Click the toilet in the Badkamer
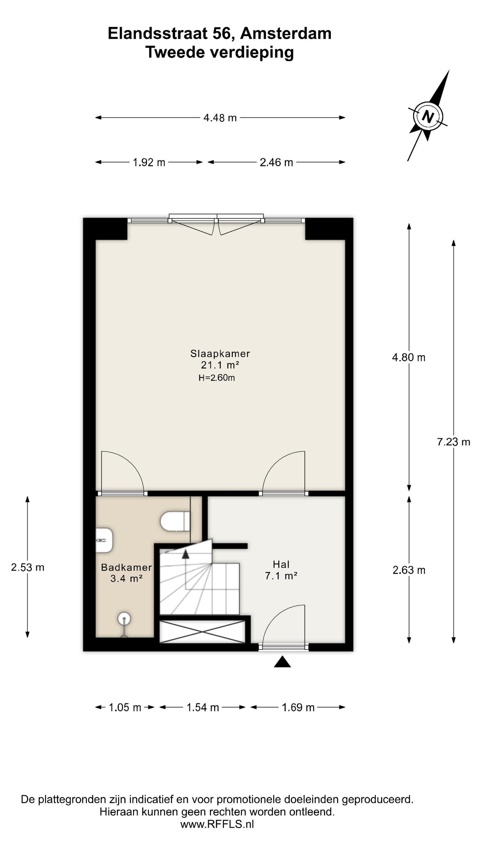pos(175,522)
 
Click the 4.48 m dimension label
pos(220,118)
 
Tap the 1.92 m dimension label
pos(149,162)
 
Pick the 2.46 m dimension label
pos(276,162)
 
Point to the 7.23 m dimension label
pos(453,442)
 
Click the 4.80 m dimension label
pos(409,357)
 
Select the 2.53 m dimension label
pos(28,567)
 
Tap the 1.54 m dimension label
pos(203,707)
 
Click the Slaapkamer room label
pos(220,353)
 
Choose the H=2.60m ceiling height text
pos(217,378)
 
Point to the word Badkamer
pos(127,567)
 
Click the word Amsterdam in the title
pos(286,34)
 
